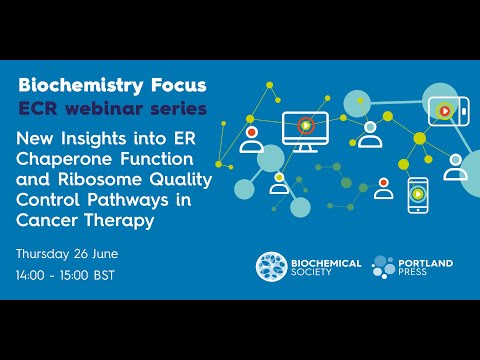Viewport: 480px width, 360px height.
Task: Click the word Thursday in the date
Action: click(x=51, y=249)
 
